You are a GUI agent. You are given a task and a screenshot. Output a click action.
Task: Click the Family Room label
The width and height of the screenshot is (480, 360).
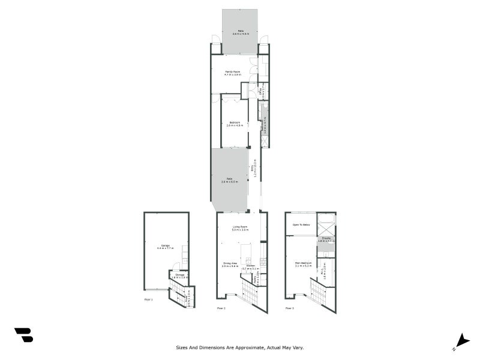[233, 72]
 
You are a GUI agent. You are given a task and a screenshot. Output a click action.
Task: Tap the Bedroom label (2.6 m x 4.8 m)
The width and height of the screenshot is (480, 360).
[234, 123]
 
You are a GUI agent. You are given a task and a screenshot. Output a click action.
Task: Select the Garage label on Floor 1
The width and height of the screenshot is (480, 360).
[166, 245]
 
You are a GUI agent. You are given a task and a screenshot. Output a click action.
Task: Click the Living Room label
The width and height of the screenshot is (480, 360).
[240, 227]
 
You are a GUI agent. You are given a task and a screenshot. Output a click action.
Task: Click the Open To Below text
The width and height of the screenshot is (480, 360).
[301, 224]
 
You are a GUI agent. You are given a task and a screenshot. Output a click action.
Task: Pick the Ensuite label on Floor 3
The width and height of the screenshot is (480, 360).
[326, 238]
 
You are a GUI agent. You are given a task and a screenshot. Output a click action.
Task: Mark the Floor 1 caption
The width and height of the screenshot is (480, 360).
[148, 299]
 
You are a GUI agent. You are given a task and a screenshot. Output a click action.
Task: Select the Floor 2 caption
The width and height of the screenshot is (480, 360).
[221, 308]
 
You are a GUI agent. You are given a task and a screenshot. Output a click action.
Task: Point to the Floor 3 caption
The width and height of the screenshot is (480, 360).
[289, 308]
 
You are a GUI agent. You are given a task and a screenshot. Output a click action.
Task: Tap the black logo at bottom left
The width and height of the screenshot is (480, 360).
[23, 335]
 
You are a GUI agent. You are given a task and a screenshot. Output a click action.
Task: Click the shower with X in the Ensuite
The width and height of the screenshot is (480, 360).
[326, 229]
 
